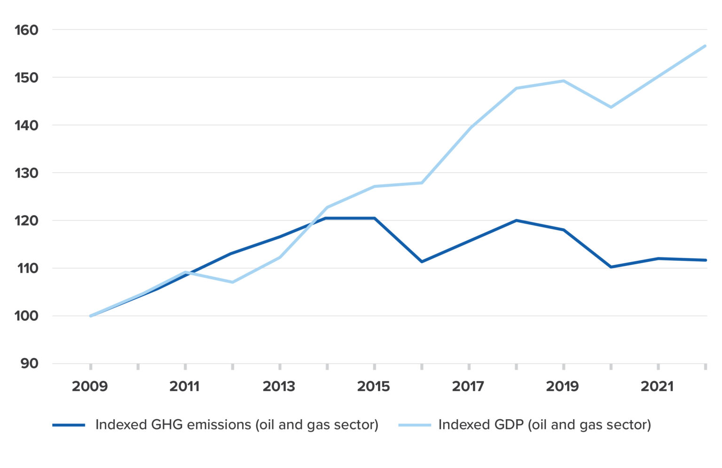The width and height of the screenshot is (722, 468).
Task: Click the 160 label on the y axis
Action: [26, 30]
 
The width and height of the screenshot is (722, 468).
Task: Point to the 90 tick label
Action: [29, 364]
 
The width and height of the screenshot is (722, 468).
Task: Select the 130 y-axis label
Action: [26, 173]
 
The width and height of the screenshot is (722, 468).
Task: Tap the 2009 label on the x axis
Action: [90, 387]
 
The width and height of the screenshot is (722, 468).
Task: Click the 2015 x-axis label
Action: [374, 387]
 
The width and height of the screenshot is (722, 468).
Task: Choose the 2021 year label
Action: [657, 387]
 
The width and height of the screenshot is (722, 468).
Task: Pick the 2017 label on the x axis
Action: [468, 387]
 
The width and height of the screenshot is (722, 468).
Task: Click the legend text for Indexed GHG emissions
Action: [237, 425]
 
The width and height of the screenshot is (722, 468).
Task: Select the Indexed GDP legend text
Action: [545, 425]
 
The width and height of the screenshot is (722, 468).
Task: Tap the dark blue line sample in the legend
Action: [69, 425]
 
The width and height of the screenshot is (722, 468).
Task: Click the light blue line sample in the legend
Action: [415, 425]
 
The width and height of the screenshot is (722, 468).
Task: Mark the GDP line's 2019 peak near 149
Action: [563, 81]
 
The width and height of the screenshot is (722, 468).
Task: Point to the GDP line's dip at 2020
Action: [611, 107]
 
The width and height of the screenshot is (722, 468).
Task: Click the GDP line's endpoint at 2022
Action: [705, 46]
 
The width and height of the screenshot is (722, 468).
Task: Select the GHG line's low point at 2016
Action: [422, 261]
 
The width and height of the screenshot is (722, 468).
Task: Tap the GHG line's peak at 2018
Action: [516, 220]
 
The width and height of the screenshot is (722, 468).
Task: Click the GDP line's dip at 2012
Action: [232, 282]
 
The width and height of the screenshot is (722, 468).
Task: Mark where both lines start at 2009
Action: [91, 316]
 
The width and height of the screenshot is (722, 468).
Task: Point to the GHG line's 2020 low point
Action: [611, 267]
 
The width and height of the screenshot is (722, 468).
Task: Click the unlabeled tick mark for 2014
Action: [327, 367]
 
